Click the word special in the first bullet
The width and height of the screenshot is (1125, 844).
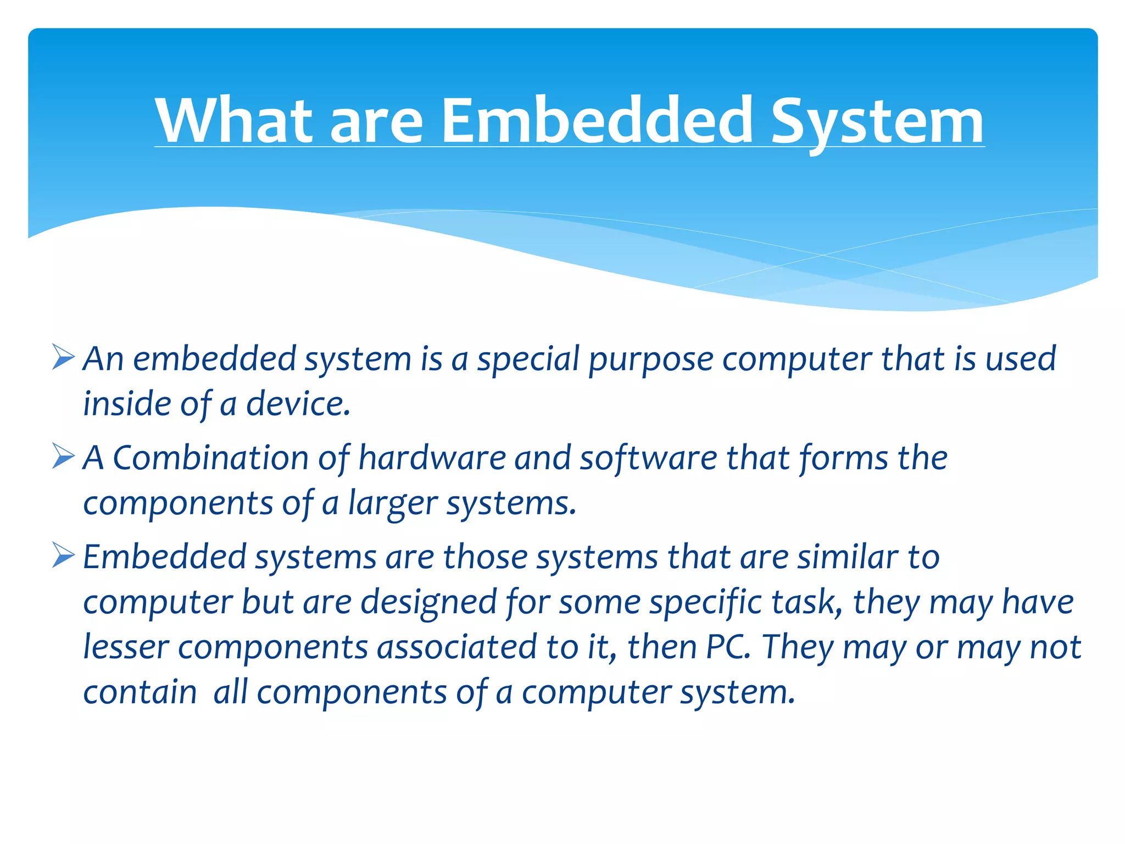pos(528,360)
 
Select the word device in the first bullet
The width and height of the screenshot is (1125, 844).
pos(298,404)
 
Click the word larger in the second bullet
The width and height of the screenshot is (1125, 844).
pos(393,504)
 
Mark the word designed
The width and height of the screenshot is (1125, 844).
pos(428,603)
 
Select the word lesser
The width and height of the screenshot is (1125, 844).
pos(126,647)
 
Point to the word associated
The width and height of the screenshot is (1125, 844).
pos(456,647)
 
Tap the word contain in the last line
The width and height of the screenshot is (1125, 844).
pos(140,692)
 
